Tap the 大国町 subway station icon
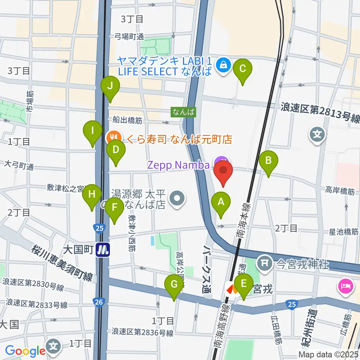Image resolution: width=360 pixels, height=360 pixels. pyautogui.click(x=103, y=249)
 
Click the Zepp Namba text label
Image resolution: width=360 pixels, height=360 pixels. pyautogui.click(x=178, y=164)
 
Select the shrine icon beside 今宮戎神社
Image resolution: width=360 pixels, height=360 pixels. pyautogui.click(x=265, y=263)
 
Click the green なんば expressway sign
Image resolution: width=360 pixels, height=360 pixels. pyautogui.click(x=183, y=111)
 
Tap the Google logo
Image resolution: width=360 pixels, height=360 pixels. pyautogui.click(x=25, y=351)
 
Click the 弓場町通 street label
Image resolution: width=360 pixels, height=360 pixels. pyautogui.click(x=129, y=36)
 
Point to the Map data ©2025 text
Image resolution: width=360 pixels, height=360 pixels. pyautogui.click(x=328, y=354)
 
